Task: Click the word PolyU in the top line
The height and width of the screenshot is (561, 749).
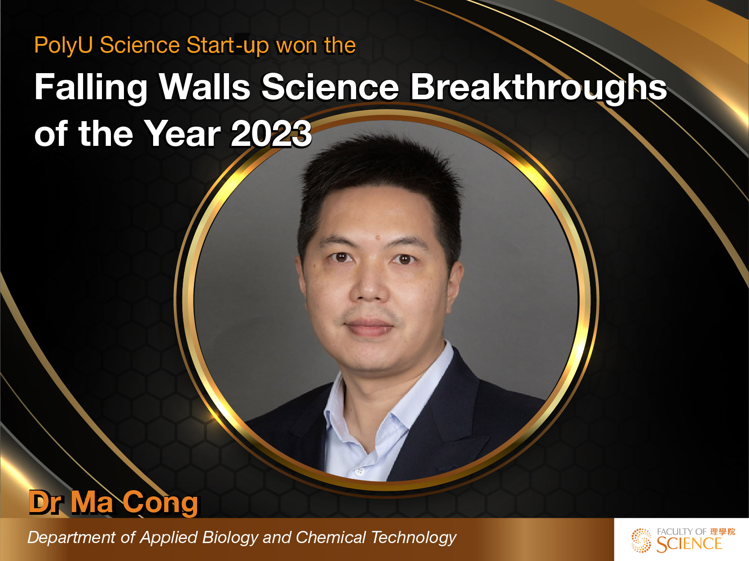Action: tap(63, 46)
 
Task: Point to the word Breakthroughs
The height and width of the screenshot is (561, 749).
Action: tap(538, 87)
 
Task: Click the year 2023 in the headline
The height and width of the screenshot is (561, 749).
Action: tap(271, 134)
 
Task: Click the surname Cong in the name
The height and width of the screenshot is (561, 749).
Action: tap(160, 502)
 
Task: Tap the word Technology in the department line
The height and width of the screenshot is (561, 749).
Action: tap(414, 537)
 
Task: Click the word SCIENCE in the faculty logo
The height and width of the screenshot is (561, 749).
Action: tap(689, 544)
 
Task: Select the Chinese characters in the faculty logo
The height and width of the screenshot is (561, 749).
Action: tap(723, 531)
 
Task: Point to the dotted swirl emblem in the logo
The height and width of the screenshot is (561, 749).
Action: tap(641, 540)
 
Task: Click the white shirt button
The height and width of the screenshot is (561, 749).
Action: tap(359, 472)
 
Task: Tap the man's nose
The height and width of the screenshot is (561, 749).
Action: tap(370, 287)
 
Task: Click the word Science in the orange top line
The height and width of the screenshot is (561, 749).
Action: tap(140, 46)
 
